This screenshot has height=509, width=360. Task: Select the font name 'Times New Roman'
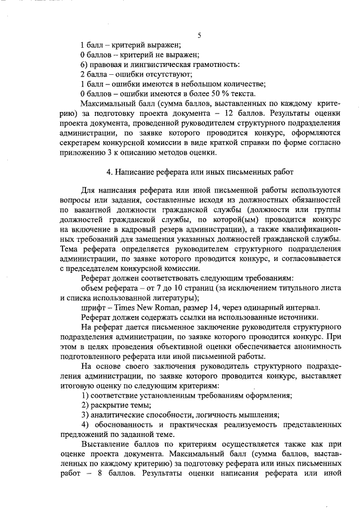tap(147, 308)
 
